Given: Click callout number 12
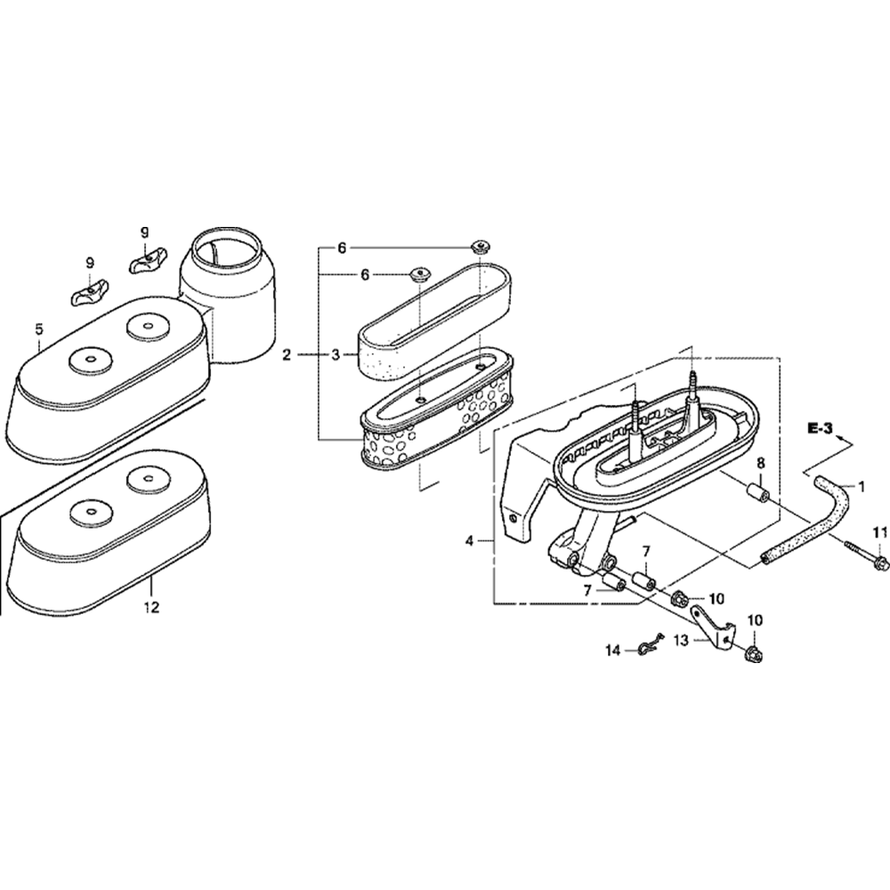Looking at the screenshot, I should pyautogui.click(x=151, y=608).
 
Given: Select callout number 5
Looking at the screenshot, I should pyautogui.click(x=39, y=330).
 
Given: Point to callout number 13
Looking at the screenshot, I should pyautogui.click(x=681, y=640).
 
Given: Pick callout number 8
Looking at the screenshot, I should pyautogui.click(x=761, y=464).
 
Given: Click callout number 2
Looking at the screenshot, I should pyautogui.click(x=287, y=355).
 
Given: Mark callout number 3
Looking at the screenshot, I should pyautogui.click(x=335, y=355).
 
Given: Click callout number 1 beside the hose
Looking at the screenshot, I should pyautogui.click(x=861, y=486).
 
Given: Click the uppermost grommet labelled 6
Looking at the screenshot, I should pyautogui.click(x=481, y=246).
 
